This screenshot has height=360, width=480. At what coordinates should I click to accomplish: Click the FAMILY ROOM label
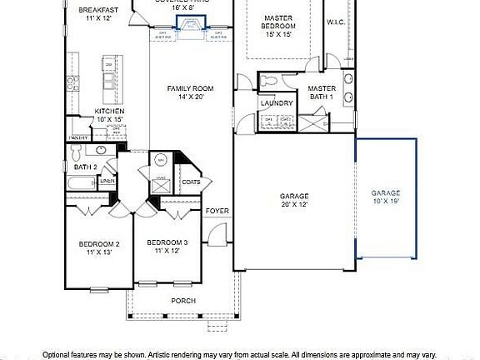pos(190,88)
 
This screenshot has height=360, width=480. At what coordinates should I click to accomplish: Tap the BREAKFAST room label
pos(99,11)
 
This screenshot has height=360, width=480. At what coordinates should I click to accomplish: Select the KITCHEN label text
pos(109,111)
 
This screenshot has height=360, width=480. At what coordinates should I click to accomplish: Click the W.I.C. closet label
pos(337,22)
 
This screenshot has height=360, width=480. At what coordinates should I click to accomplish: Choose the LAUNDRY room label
pos(276,103)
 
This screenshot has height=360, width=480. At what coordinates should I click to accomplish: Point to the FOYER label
pos(217,211)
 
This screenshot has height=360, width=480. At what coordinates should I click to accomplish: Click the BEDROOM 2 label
pos(99,244)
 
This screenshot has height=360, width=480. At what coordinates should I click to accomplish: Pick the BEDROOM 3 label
pos(167,242)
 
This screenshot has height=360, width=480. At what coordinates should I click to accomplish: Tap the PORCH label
pos(183,301)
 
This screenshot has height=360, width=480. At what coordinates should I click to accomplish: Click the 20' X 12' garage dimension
pos(294,204)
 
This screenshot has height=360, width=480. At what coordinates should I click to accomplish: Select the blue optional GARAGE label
pos(386,193)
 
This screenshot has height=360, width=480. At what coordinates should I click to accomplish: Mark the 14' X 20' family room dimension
pos(190,97)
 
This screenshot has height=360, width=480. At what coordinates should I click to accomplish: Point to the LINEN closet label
pos(108,181)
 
